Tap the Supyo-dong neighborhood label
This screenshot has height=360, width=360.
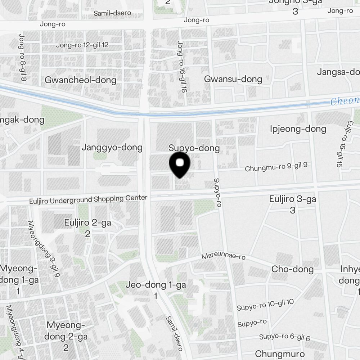(x=194, y=148)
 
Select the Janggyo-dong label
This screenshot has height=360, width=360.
(x=112, y=147)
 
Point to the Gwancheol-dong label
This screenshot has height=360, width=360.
(x=80, y=80)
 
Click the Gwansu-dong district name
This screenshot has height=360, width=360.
(x=233, y=79)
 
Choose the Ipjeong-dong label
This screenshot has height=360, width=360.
(x=298, y=129)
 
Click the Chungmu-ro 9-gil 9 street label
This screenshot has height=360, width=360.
(x=276, y=167)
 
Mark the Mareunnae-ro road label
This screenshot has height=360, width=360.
(x=223, y=256)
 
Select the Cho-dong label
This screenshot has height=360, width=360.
(x=292, y=269)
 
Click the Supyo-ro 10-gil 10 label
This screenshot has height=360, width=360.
(x=265, y=305)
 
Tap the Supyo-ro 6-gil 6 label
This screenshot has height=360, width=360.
(x=284, y=337)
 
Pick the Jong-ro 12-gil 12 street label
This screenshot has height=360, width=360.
(x=82, y=45)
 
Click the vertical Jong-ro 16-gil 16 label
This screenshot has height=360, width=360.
(x=182, y=67)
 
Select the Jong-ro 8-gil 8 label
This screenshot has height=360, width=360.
(x=22, y=58)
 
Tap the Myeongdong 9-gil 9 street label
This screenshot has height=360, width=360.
(x=43, y=248)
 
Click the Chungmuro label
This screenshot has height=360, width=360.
(x=279, y=354)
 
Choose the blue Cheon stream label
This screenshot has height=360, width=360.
(x=345, y=101)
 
